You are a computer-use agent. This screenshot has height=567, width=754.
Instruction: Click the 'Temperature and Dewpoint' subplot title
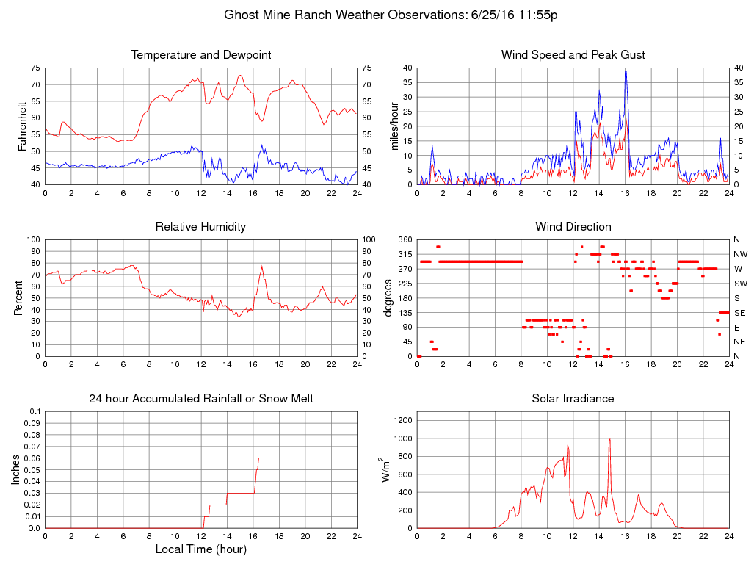coord(200,55)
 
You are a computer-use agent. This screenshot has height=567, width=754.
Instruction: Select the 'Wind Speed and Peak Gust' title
coord(573,55)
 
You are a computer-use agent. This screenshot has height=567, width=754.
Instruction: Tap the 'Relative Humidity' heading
coord(200,227)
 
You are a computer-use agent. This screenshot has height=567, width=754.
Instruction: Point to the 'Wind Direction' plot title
coord(573,227)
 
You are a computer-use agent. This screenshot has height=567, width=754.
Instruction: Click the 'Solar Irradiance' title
coord(573,399)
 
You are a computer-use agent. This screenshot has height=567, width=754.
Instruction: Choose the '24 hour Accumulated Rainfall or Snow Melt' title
coord(200,399)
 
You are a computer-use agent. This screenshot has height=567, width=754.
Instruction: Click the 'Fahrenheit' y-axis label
coord(22,126)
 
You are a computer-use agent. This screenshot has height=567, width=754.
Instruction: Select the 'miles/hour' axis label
coord(395,126)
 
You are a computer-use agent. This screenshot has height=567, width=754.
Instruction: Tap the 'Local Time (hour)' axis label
coord(200,549)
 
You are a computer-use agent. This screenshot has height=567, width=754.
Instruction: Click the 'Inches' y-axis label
coord(16,470)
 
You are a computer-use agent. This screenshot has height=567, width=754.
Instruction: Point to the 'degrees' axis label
coord(388,298)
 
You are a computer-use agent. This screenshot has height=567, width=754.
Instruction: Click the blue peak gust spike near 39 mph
coord(626,71)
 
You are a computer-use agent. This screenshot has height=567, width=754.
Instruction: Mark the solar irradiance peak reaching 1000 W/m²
coord(610,439)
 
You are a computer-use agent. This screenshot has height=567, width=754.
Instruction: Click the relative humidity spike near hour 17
coord(262,267)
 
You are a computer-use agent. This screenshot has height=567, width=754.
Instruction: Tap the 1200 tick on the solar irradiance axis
coord(402,421)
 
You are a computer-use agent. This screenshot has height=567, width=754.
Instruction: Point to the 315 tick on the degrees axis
coord(405,254)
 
